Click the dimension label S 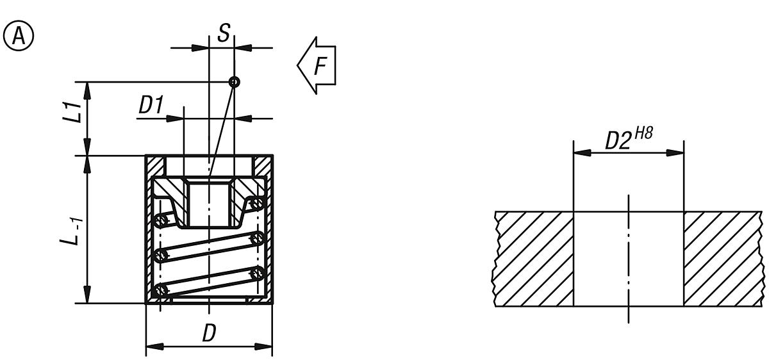tap(223, 33)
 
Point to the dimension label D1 tap(151, 106)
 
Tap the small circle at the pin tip tap(235, 81)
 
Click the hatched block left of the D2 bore tap(533, 259)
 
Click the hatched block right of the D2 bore tap(724, 259)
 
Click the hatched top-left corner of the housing tap(156, 167)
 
